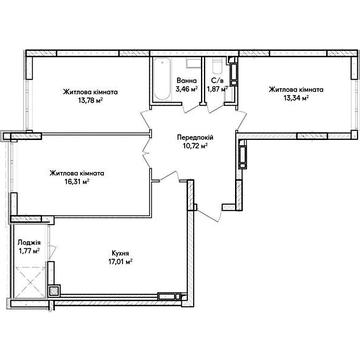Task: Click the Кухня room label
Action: coord(118,253)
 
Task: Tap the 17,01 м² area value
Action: coord(118,261)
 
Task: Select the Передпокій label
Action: coord(195,138)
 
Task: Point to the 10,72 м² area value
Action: coord(195,145)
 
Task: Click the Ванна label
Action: coord(187,81)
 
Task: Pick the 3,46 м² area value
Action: coord(187,89)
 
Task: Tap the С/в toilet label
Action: coord(215,81)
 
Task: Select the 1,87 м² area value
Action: coord(217,89)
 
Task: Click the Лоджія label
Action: coord(25,243)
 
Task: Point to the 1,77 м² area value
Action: coord(29,251)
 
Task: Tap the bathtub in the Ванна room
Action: coord(162,79)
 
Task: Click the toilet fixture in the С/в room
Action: coord(217,67)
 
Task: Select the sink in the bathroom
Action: coord(193,63)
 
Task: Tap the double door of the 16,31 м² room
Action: coord(146,152)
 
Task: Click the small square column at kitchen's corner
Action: coord(54,291)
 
